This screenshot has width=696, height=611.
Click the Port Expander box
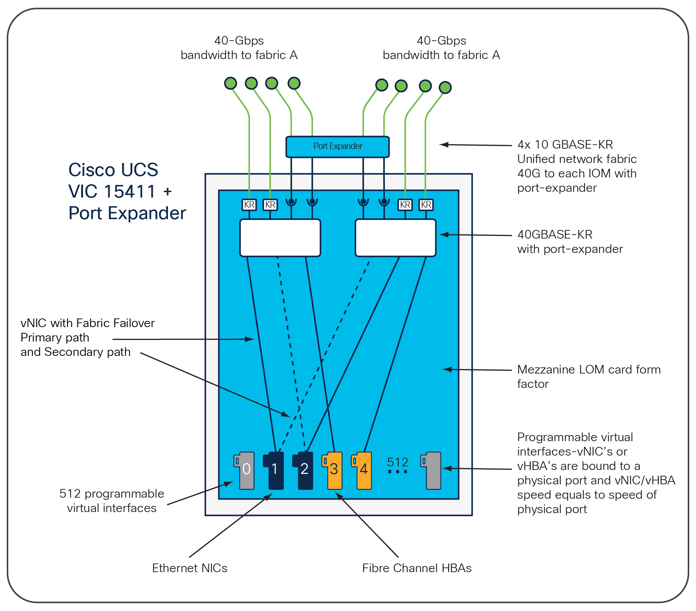pyautogui.click(x=337, y=146)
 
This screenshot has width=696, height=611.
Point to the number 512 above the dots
pyautogui.click(x=397, y=462)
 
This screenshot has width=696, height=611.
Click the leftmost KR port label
pyautogui.click(x=249, y=205)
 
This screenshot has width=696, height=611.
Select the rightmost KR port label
pyautogui.click(x=426, y=205)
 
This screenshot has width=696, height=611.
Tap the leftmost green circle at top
pyautogui.click(x=231, y=83)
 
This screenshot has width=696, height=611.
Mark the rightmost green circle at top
pyautogui.click(x=445, y=87)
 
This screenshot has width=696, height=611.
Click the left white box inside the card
pyautogui.click(x=280, y=238)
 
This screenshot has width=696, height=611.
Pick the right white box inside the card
pyautogui.click(x=395, y=238)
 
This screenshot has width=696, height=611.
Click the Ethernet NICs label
pyautogui.click(x=190, y=568)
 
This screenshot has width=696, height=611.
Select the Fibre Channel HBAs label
pyautogui.click(x=417, y=568)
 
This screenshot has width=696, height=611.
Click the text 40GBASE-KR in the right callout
pyautogui.click(x=555, y=235)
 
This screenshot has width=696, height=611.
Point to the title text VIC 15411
pyautogui.click(x=112, y=191)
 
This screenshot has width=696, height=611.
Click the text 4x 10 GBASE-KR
pyautogui.click(x=565, y=145)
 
